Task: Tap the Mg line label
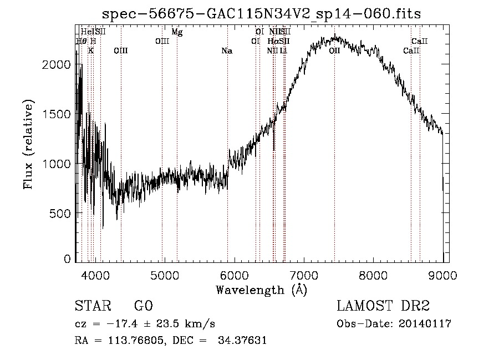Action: tap(177, 32)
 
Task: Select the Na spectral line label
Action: tap(227, 51)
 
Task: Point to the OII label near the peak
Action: tap(334, 51)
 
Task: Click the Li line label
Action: tap(283, 51)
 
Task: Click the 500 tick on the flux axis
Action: tap(60, 213)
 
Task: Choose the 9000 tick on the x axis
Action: tap(443, 275)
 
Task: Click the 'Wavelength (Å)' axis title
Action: tap(261, 290)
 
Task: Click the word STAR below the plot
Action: tap(93, 306)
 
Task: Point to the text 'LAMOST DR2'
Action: tap(383, 306)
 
